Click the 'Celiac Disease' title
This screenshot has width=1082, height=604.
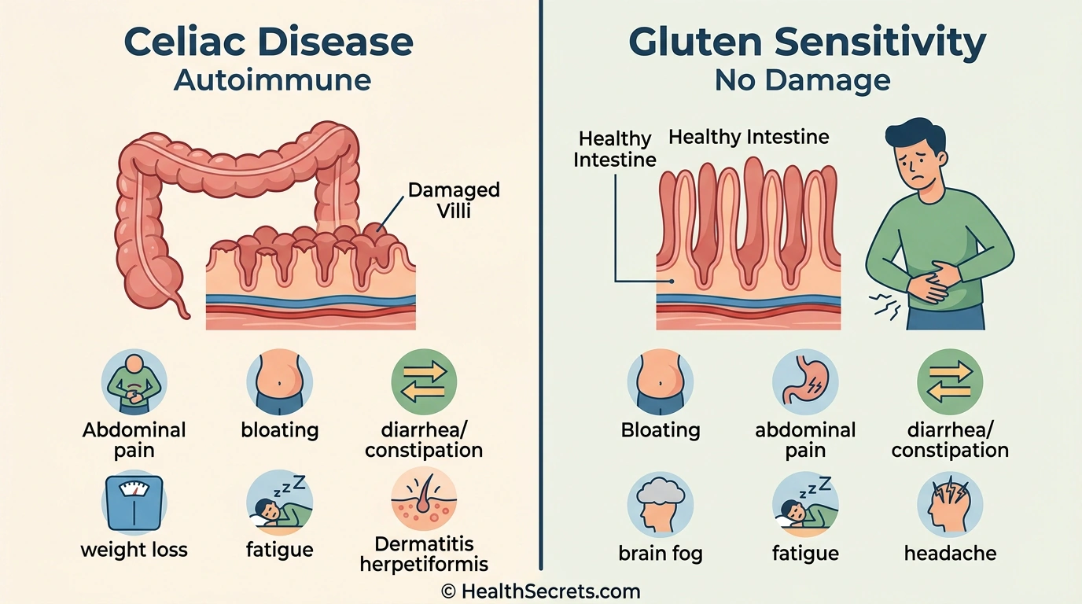click(268, 42)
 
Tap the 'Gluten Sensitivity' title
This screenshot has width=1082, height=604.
click(807, 42)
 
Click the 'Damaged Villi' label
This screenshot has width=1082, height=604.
click(454, 200)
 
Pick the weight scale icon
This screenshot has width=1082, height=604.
click(134, 502)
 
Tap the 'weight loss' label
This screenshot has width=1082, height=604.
click(134, 549)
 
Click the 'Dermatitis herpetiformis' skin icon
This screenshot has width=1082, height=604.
click(424, 500)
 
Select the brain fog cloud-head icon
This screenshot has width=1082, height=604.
click(661, 504)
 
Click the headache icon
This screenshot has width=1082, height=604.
click(950, 504)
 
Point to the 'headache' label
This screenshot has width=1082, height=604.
click(950, 553)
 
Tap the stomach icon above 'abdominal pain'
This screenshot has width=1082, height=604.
click(805, 382)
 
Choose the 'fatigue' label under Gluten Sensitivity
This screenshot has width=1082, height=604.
click(805, 553)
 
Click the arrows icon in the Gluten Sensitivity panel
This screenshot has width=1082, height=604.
click(950, 382)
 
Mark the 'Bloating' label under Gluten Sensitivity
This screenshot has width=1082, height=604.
click(661, 430)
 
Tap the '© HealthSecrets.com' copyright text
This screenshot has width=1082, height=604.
click(541, 591)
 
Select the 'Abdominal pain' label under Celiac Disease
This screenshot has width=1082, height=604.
click(134, 440)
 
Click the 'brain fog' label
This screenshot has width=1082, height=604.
click(661, 553)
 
